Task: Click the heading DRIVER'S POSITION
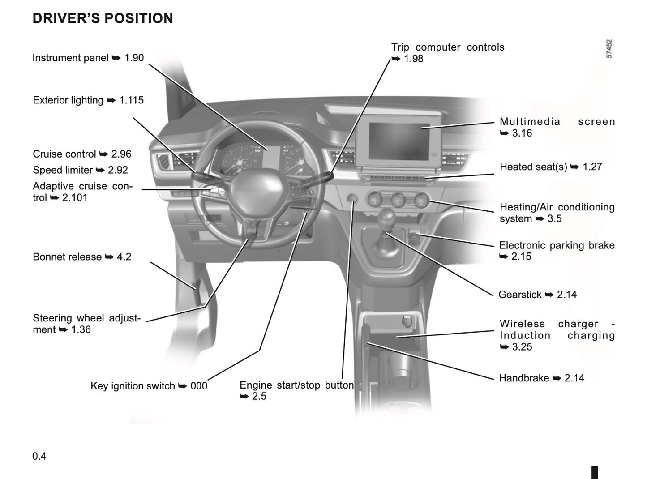(x=103, y=18)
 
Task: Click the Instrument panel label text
(x=70, y=58)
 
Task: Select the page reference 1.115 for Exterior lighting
(x=131, y=100)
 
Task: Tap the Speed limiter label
(x=63, y=170)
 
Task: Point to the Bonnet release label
(x=67, y=257)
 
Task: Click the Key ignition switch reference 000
(x=199, y=386)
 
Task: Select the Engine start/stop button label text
(x=296, y=385)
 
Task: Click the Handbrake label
(x=524, y=378)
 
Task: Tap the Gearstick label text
(x=520, y=295)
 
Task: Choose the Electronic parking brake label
(x=557, y=245)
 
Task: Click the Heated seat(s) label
(x=533, y=167)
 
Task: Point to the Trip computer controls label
(x=447, y=47)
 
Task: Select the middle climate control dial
(x=398, y=201)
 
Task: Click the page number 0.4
(x=39, y=456)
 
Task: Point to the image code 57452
(x=609, y=48)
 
